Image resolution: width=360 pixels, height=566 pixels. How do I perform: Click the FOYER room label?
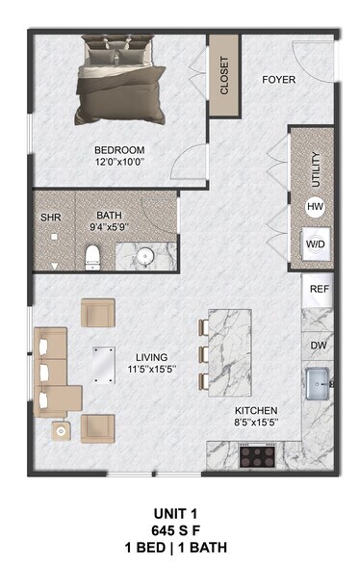pos(278,79)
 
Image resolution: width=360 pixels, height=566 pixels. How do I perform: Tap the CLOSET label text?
pos(223,76)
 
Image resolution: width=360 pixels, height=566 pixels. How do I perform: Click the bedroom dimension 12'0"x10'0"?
pos(118,163)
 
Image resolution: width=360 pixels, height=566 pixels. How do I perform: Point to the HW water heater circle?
pos(315,206)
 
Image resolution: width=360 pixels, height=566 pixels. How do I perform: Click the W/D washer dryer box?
pos(315,244)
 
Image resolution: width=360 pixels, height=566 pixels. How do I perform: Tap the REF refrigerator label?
pos(318,288)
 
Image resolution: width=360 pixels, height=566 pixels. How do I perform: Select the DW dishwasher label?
pos(318,345)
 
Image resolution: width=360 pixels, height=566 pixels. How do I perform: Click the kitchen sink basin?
pos(317,385)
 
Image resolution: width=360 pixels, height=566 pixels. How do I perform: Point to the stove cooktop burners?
pos(259,454)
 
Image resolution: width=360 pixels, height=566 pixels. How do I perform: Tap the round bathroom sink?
pos(144,257)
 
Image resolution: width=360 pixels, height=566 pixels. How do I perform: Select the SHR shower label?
pos(50,218)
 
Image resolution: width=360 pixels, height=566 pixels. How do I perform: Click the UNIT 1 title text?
pos(179,515)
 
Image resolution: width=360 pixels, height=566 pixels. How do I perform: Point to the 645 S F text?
pos(179,531)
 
